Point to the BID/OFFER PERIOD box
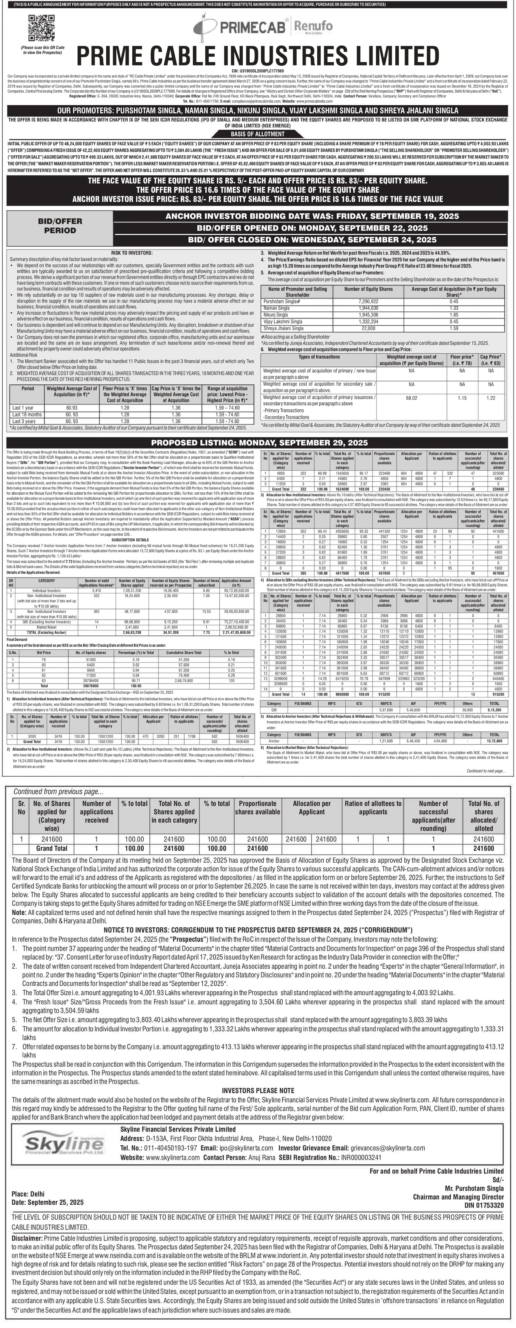(59, 226)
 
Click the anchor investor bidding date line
(301, 216)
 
